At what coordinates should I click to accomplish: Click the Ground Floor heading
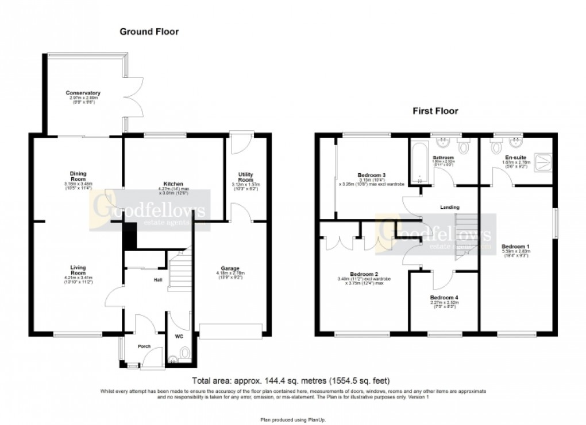pos(149,32)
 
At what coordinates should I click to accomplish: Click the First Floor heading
pos(435,111)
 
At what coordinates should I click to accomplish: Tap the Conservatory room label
pos(83,93)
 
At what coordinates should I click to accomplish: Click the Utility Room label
pos(246,177)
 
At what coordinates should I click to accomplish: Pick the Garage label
pos(230,268)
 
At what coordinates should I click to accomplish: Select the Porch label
pos(143,346)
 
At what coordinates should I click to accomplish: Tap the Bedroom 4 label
pos(444,298)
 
